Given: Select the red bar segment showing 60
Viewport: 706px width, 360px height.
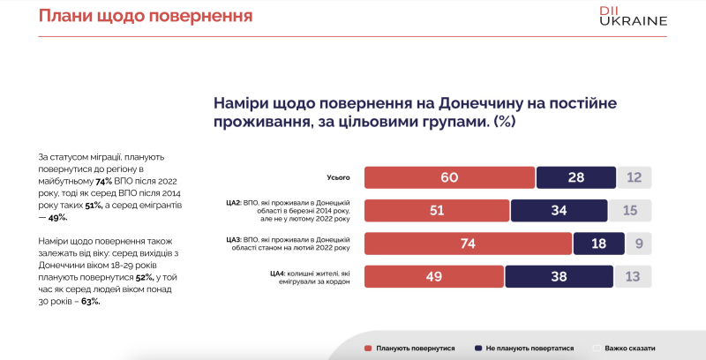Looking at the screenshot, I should pyautogui.click(x=449, y=177).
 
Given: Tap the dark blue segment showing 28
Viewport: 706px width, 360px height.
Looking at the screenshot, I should pyautogui.click(x=575, y=177).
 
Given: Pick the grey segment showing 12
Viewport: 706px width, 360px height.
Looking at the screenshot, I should pyautogui.click(x=635, y=177).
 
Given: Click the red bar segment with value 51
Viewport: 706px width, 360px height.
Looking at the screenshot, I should pyautogui.click(x=437, y=210).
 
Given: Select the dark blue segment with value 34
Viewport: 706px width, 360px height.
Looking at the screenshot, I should pyautogui.click(x=560, y=210).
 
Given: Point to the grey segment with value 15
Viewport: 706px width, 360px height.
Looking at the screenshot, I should pyautogui.click(x=630, y=210).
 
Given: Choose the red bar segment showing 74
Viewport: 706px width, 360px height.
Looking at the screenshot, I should pyautogui.click(x=468, y=243).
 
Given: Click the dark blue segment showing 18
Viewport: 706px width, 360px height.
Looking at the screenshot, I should pyautogui.click(x=599, y=243).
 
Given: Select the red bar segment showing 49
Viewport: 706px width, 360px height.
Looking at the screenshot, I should pyautogui.click(x=434, y=276).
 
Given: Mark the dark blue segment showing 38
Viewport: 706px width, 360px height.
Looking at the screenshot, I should pyautogui.click(x=559, y=276).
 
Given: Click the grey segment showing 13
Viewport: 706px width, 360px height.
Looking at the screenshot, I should pyautogui.click(x=633, y=276).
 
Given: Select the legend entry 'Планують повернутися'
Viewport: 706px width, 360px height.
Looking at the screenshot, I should pyautogui.click(x=409, y=349).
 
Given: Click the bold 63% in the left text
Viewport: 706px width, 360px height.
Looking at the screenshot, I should pyautogui.click(x=88, y=301).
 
